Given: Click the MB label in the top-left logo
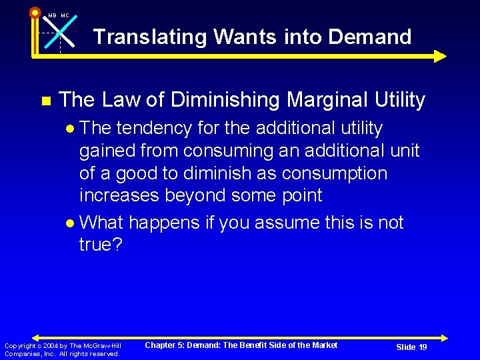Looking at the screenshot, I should pyautogui.click(x=52, y=15).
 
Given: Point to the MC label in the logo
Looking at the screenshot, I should pyautogui.click(x=65, y=15).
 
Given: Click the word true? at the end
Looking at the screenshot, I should pyautogui.click(x=101, y=245).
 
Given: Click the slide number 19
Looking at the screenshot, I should pyautogui.click(x=423, y=347).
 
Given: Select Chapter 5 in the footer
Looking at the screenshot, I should pyautogui.click(x=165, y=345).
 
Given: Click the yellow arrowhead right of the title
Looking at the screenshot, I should pyautogui.click(x=439, y=56).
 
